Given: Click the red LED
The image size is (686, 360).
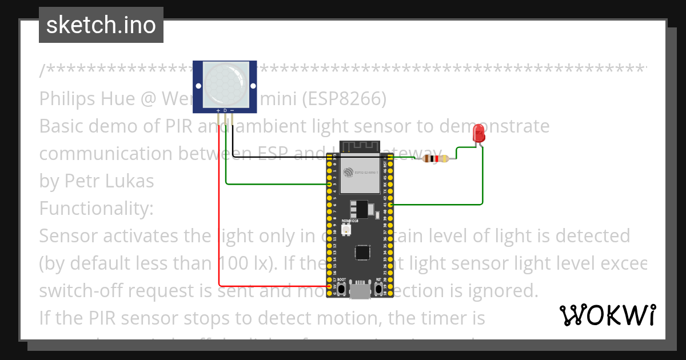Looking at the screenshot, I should click(479, 134).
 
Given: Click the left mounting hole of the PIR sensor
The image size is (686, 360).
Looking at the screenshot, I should click(198, 86).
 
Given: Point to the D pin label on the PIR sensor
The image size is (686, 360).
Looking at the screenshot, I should click(225, 110).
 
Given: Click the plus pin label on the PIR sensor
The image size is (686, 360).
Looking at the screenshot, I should click(218, 110).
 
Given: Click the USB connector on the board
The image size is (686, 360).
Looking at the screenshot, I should click(359, 291).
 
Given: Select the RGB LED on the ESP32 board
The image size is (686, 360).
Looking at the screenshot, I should click(346, 229).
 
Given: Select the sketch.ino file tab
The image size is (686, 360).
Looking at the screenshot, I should click(101, 25).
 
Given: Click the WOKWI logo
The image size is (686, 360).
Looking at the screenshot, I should click(607, 315).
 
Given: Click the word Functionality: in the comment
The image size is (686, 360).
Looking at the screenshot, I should click(96, 208).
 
